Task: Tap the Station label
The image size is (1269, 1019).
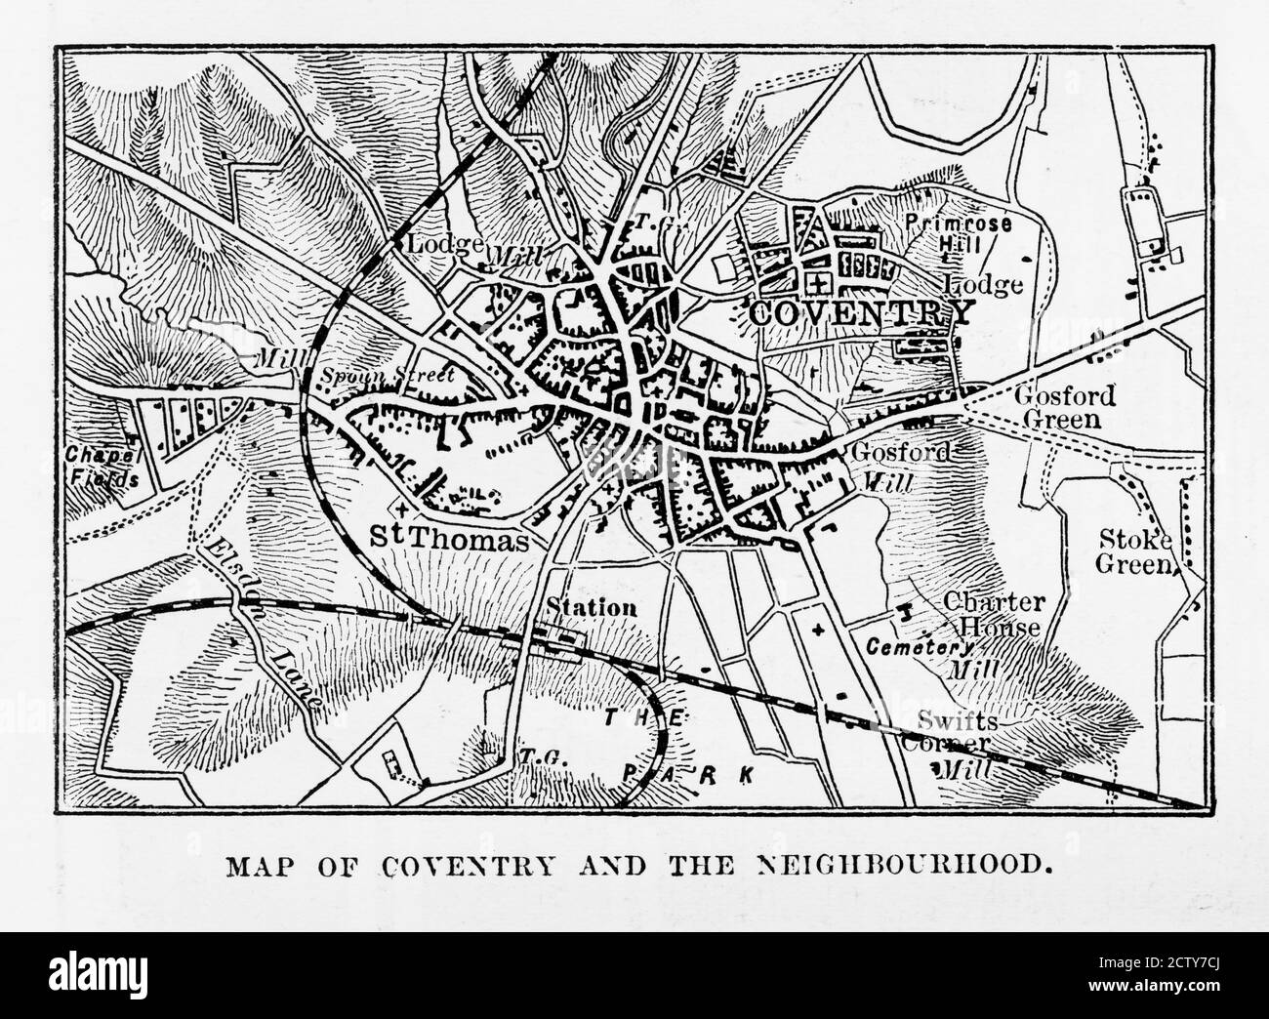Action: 591,607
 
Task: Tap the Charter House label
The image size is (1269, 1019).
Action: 992,615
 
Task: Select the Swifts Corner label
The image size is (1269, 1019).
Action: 958,732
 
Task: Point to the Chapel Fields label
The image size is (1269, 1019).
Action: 102,467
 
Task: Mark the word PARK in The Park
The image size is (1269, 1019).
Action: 688,774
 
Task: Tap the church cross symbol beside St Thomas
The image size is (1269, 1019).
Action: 404,508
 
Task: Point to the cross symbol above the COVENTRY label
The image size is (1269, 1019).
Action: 823,283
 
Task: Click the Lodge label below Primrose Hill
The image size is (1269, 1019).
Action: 984,286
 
